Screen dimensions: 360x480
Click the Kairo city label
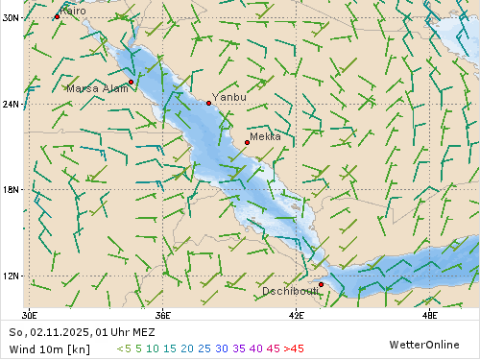pos(73,11)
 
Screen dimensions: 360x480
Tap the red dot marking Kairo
pos(57,16)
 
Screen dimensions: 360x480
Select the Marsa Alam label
pos(97,88)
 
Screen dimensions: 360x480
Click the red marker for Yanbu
pos(208,103)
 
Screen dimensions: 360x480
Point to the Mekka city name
pos(265,136)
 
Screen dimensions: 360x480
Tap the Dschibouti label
pos(290,291)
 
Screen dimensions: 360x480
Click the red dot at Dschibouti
pos(321,284)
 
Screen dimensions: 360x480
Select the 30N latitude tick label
pos(11,17)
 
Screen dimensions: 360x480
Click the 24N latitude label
pos(11,104)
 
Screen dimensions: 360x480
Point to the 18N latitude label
pos(11,189)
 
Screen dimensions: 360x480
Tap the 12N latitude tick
pos(11,276)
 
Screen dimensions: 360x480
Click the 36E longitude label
pos(162,314)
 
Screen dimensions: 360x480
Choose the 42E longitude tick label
pos(296,314)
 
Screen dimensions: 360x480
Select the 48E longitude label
pos(429,314)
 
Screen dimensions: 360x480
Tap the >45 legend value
pos(294,348)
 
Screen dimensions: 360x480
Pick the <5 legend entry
pos(123,348)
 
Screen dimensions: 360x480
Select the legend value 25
pos(204,348)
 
